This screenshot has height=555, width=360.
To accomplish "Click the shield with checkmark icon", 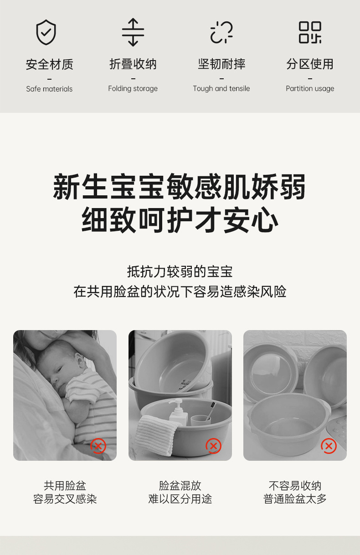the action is click(x=46, y=32).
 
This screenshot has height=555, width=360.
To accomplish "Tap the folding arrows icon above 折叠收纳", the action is click(x=133, y=32).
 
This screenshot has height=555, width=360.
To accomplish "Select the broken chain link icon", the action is click(x=221, y=32).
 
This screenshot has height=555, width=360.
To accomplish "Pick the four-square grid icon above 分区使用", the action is click(x=310, y=32).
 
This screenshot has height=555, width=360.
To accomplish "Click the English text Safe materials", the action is click(x=49, y=89).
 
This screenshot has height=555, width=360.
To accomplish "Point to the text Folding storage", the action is click(x=133, y=88).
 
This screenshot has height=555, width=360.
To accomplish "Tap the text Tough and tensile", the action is click(x=221, y=88).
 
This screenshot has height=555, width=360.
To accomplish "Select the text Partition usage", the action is click(x=310, y=88).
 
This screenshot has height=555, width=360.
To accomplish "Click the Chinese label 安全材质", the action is click(x=50, y=64).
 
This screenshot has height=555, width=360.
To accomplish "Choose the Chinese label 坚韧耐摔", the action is click(x=221, y=64).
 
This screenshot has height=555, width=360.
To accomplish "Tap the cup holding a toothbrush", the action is click(x=201, y=421).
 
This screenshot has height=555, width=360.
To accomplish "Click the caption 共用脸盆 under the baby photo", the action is click(x=65, y=486).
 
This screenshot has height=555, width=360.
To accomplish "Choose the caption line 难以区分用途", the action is click(x=180, y=499).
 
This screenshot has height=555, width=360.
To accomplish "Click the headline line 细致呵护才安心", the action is click(x=180, y=220).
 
